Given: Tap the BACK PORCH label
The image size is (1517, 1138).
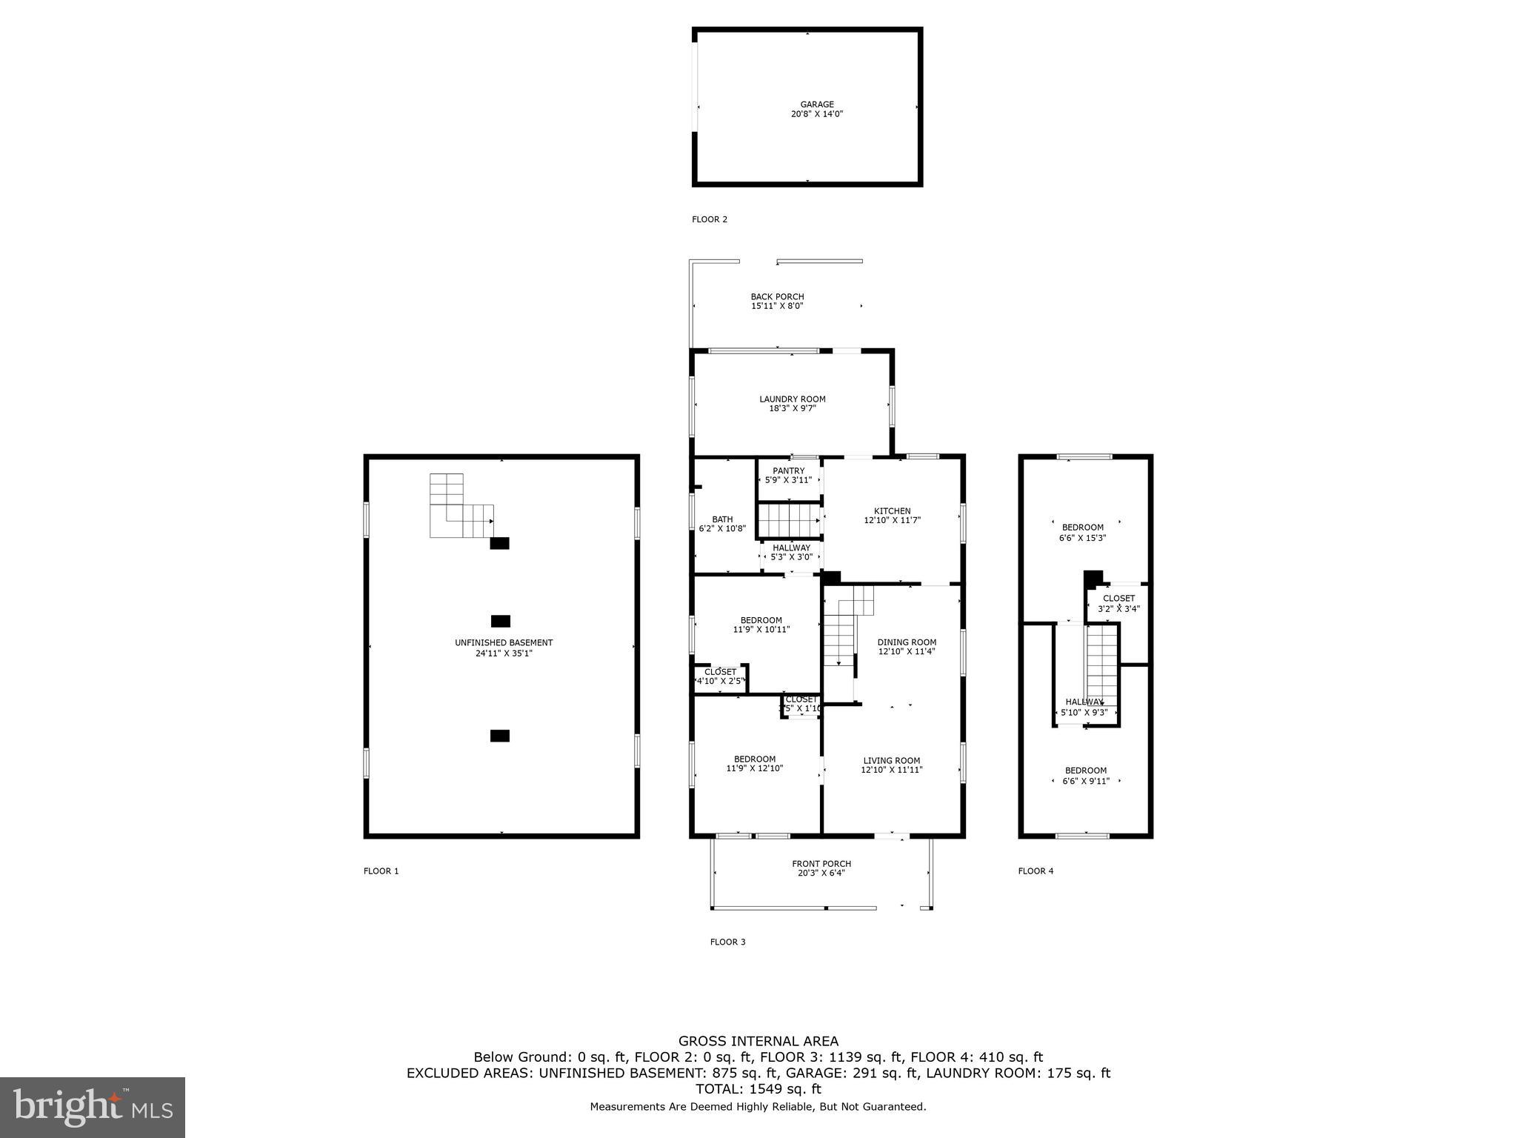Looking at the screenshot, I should [777, 297].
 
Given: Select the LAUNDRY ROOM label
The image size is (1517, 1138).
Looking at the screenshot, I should [792, 399].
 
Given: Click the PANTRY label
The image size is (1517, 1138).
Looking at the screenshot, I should [788, 471].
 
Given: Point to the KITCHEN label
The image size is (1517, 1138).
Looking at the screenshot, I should [892, 511].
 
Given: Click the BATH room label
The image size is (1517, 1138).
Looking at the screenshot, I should [722, 519].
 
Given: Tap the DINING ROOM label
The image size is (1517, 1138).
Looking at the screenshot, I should [907, 642].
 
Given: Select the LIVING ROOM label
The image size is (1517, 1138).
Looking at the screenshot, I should [891, 761].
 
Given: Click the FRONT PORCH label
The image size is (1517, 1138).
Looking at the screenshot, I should [821, 864].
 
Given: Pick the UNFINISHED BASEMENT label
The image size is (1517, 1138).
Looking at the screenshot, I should [504, 643].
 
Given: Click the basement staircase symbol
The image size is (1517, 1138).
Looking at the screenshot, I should [461, 507].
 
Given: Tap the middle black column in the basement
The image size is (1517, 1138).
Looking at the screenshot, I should [501, 621].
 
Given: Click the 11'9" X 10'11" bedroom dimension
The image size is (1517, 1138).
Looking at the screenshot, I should [761, 630].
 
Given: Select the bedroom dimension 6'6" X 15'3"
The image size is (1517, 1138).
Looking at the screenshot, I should [1082, 539].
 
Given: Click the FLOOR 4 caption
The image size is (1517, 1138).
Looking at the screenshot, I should [1036, 871].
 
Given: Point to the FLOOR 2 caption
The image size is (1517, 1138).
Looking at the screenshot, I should [710, 219].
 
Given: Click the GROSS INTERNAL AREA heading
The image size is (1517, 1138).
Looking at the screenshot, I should [758, 1042].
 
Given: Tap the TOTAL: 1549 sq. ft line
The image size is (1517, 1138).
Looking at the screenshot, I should [758, 1089].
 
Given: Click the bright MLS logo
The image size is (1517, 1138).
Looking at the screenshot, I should [93, 1107].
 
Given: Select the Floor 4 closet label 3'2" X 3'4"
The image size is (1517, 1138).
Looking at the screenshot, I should [1118, 609].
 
